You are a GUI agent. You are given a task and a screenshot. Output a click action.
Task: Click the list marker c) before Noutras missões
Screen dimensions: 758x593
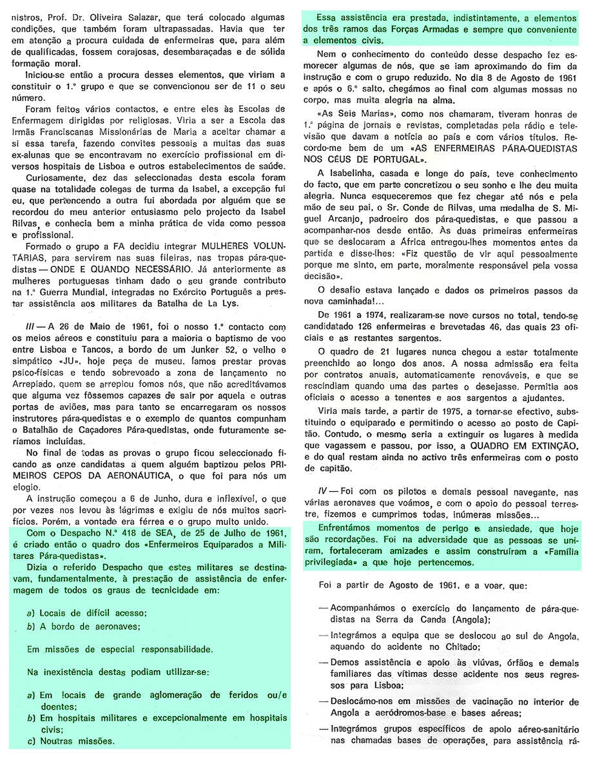[x=30, y=741]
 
